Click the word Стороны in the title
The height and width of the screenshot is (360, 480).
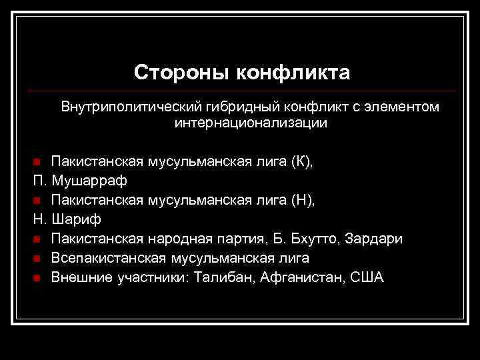coord(173,72)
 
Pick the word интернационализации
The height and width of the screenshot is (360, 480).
coord(251,123)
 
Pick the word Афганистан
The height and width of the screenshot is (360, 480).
coord(299,277)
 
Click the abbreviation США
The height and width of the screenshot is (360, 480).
coord(365,277)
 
